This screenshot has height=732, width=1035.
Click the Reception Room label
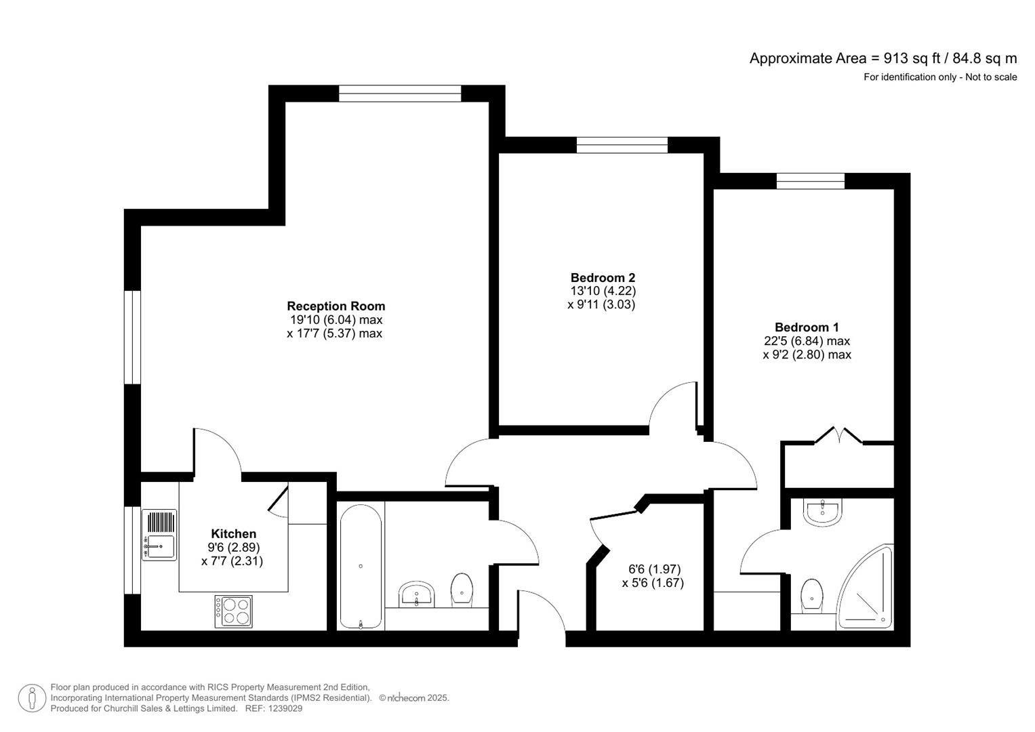point(336,306)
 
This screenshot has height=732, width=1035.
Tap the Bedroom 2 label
point(603,278)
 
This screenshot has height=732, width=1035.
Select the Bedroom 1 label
point(807,327)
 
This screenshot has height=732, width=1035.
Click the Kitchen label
point(233,534)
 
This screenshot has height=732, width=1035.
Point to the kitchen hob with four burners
point(233,611)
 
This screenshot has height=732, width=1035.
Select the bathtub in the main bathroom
point(361,567)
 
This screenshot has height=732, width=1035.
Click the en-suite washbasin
point(823,512)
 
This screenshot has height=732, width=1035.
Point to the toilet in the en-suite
point(811,596)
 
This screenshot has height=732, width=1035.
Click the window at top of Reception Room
point(400,94)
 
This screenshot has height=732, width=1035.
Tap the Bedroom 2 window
point(622,145)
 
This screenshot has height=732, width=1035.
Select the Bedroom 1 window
point(810,181)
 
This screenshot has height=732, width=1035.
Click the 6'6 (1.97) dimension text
point(654,569)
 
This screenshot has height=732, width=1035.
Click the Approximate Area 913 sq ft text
point(882,58)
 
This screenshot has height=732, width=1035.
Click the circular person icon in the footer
point(32,698)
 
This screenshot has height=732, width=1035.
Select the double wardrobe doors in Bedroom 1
point(838,436)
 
